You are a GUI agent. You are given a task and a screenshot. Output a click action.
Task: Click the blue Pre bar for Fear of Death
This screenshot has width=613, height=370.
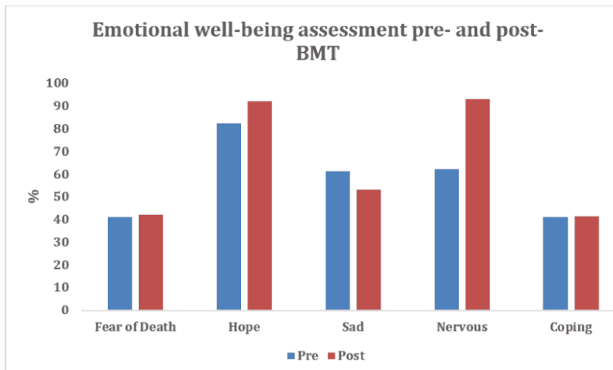pyautogui.click(x=120, y=263)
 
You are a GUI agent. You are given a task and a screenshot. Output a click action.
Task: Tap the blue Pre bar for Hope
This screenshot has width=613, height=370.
pyautogui.click(x=228, y=216)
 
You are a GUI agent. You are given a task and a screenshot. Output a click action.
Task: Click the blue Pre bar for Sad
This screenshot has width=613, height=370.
pyautogui.click(x=337, y=240)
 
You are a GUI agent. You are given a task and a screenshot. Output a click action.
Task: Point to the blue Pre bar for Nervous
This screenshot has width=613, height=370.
pyautogui.click(x=446, y=239)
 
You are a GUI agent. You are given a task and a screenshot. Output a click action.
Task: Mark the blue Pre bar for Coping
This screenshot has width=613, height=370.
pyautogui.click(x=555, y=263)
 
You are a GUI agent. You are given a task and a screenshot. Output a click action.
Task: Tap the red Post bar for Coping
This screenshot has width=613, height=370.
pyautogui.click(x=586, y=263)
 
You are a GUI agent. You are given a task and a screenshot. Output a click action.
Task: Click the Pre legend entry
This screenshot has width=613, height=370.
pyautogui.click(x=306, y=355)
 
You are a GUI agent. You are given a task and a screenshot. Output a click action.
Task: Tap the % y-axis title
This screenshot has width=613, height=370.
pyautogui.click(x=34, y=196)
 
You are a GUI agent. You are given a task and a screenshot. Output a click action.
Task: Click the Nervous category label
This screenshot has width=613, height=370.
pyautogui.click(x=461, y=327)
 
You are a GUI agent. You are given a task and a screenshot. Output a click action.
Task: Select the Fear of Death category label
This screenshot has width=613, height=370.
pyautogui.click(x=135, y=327)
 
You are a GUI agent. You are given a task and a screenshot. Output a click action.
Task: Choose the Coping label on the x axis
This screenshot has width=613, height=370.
pyautogui.click(x=570, y=327)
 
